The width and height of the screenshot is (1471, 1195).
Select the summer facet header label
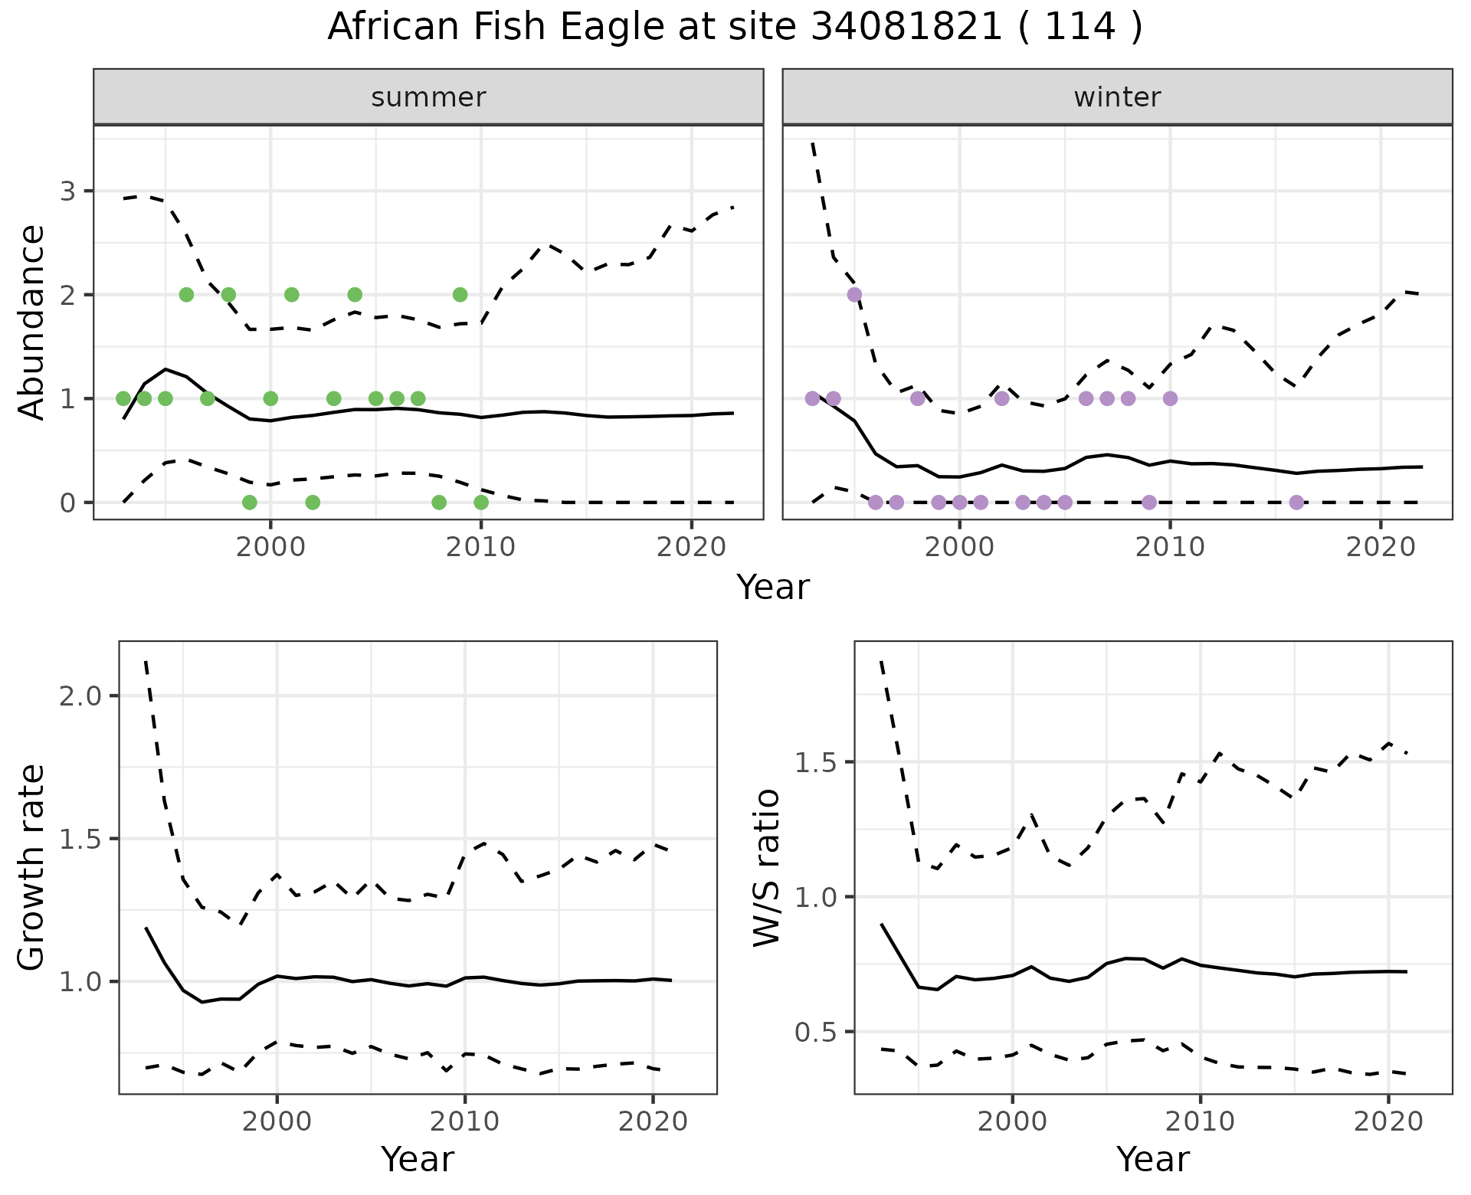tap(428, 97)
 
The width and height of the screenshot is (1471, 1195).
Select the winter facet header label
tap(1117, 97)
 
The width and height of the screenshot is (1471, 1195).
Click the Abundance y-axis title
tap(32, 322)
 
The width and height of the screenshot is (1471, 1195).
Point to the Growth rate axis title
tap(32, 867)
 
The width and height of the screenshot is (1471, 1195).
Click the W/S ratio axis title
tap(767, 867)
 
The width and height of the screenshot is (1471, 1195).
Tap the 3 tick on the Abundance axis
tap(68, 191)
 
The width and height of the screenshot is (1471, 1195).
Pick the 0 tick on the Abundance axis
tap(68, 503)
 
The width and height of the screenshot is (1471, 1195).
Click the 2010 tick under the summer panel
tap(480, 548)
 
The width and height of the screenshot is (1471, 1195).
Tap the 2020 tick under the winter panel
tap(1381, 548)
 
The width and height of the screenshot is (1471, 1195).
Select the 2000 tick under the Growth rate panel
tap(277, 1122)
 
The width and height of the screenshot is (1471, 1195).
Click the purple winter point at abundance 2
tap(854, 294)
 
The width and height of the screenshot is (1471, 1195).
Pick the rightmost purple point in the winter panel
tap(1296, 503)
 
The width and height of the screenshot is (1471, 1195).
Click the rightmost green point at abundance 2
tap(460, 294)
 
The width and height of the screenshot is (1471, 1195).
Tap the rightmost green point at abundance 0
tap(481, 503)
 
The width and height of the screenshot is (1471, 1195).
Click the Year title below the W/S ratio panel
tap(1152, 1159)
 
